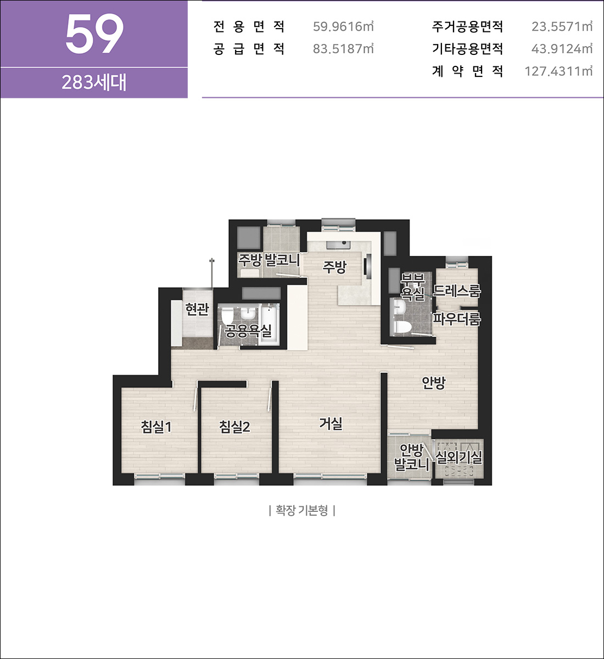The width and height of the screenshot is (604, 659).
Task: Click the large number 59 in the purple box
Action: (x=94, y=35)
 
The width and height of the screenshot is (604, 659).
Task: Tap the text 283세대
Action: (x=94, y=82)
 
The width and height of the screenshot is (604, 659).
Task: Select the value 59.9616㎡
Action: (x=343, y=26)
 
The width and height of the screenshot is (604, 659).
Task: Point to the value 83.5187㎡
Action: (x=343, y=49)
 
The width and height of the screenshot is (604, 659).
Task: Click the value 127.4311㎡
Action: (x=558, y=71)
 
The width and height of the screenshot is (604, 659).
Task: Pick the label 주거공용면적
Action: (x=467, y=26)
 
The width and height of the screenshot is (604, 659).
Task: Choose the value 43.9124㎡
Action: (x=562, y=49)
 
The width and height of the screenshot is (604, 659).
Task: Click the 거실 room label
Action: (x=331, y=423)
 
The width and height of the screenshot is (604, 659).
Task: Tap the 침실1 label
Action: (x=156, y=427)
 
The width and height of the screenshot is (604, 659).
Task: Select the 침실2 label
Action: (x=234, y=427)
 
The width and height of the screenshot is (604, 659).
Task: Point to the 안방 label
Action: (x=434, y=383)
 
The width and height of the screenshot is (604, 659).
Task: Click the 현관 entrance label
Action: (x=197, y=309)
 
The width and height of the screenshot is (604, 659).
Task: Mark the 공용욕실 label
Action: (x=248, y=331)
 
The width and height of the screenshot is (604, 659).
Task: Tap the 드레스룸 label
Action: (x=457, y=291)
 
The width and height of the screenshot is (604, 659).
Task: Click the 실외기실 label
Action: (x=458, y=457)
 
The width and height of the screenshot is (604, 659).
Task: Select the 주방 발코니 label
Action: (x=269, y=260)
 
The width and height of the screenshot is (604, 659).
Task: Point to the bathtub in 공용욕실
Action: (x=269, y=324)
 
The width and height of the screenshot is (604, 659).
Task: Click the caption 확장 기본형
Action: (x=302, y=511)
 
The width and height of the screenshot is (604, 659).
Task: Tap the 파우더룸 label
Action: (x=456, y=319)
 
